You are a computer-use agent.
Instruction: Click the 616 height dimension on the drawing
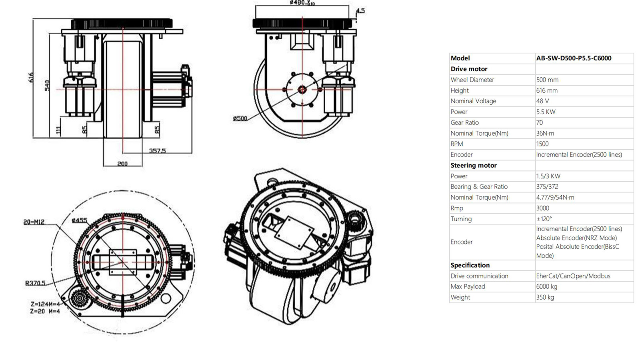tap(31, 78)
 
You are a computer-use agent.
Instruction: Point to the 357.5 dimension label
tap(157, 151)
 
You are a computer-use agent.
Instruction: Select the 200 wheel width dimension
tap(122, 164)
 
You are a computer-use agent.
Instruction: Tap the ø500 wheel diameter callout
tap(240, 118)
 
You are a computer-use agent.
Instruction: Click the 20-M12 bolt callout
tap(34, 222)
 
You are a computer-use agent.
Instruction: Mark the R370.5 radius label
tap(35, 283)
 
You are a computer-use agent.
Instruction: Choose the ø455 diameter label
tap(79, 220)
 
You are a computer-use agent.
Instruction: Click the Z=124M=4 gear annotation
tap(45, 304)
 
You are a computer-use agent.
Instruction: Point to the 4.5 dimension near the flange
tap(360, 11)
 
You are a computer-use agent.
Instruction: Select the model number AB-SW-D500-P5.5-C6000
tap(574, 58)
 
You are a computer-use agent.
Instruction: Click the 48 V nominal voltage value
tap(542, 101)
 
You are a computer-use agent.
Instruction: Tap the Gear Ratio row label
tap(464, 123)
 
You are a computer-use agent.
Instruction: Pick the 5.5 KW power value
tap(546, 112)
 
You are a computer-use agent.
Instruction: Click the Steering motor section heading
tap(474, 166)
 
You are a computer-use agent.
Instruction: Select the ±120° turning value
tap(544, 219)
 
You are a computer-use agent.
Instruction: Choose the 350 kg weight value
tap(545, 298)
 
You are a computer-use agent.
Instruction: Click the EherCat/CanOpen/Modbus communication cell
tap(573, 276)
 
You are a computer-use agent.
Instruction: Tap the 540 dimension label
tap(47, 86)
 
